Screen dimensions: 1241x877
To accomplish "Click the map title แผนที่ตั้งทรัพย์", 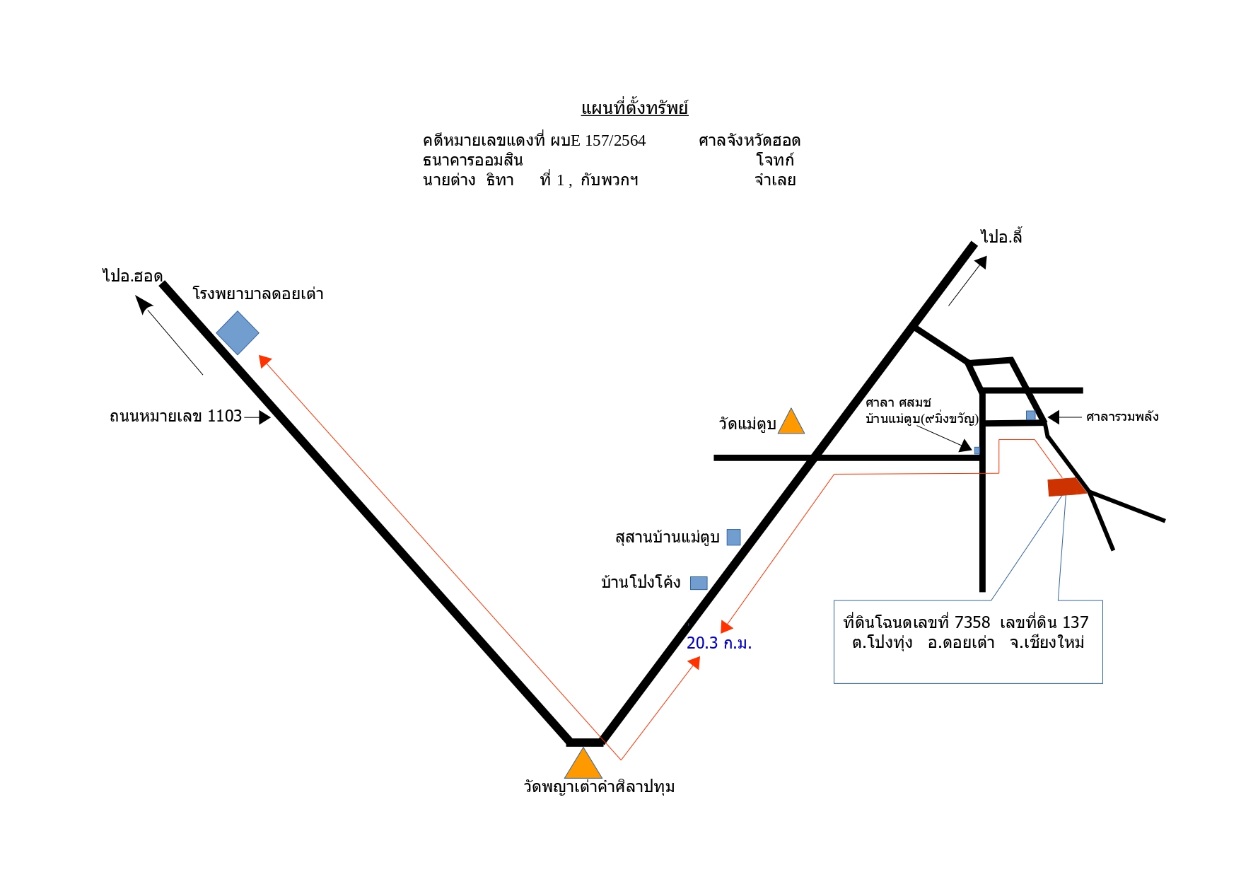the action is [x=634, y=108].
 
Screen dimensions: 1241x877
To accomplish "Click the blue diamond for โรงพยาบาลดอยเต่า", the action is [x=238, y=332].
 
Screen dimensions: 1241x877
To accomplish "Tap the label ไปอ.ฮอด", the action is [x=132, y=276].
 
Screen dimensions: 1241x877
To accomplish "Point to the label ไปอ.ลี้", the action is [x=1001, y=236].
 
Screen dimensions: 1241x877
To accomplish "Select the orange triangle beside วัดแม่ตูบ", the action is [x=791, y=422].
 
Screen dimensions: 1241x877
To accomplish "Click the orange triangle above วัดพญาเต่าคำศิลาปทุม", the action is [x=583, y=764].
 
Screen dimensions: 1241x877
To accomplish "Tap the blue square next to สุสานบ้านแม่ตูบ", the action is [x=734, y=538].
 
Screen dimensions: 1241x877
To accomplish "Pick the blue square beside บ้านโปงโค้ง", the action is [x=699, y=583].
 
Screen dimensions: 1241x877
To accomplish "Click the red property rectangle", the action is [x=1067, y=487].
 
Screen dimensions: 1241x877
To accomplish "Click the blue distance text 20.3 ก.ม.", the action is [x=719, y=643].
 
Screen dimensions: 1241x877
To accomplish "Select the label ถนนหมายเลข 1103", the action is [x=176, y=416].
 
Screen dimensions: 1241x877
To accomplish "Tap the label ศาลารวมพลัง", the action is [x=1122, y=417].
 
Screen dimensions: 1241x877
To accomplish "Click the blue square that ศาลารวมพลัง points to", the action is [x=1031, y=416].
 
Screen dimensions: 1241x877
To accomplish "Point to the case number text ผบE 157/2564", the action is [x=598, y=141].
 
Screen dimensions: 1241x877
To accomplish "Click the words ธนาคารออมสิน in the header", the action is [x=472, y=161].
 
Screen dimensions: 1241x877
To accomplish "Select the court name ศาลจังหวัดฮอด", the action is [x=750, y=141].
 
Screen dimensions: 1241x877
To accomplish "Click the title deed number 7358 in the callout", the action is [x=972, y=622].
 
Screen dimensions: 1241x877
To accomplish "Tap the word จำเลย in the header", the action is [x=775, y=180].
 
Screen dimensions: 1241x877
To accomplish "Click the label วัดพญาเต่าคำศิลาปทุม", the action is [x=599, y=787].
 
